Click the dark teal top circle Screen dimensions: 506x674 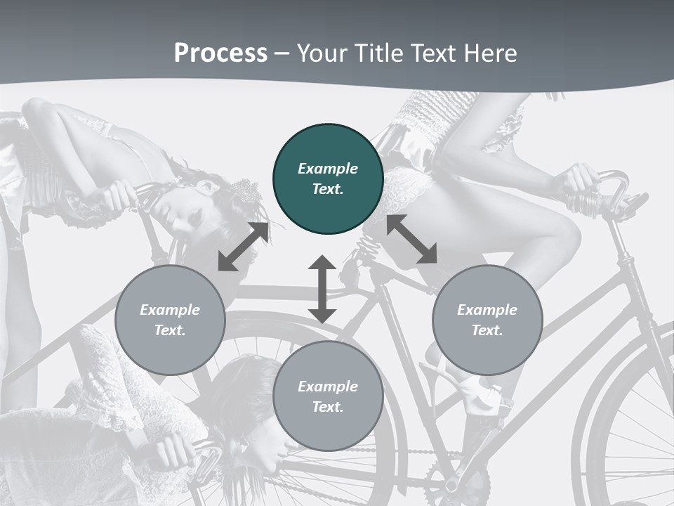[x=328, y=179]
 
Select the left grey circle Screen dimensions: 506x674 [x=170, y=320]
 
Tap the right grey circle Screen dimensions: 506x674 [x=487, y=320]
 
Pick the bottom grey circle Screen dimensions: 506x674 [x=328, y=396]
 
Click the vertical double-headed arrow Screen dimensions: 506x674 [x=322, y=289]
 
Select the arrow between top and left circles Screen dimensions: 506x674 [x=243, y=247]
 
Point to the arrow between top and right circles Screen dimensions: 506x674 [x=411, y=239]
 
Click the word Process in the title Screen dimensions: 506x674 [x=220, y=53]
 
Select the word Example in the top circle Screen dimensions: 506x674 [x=328, y=169]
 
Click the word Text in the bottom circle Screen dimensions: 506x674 [x=328, y=407]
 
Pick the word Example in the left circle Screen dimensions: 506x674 [x=170, y=310]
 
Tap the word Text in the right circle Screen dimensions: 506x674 [x=487, y=330]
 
